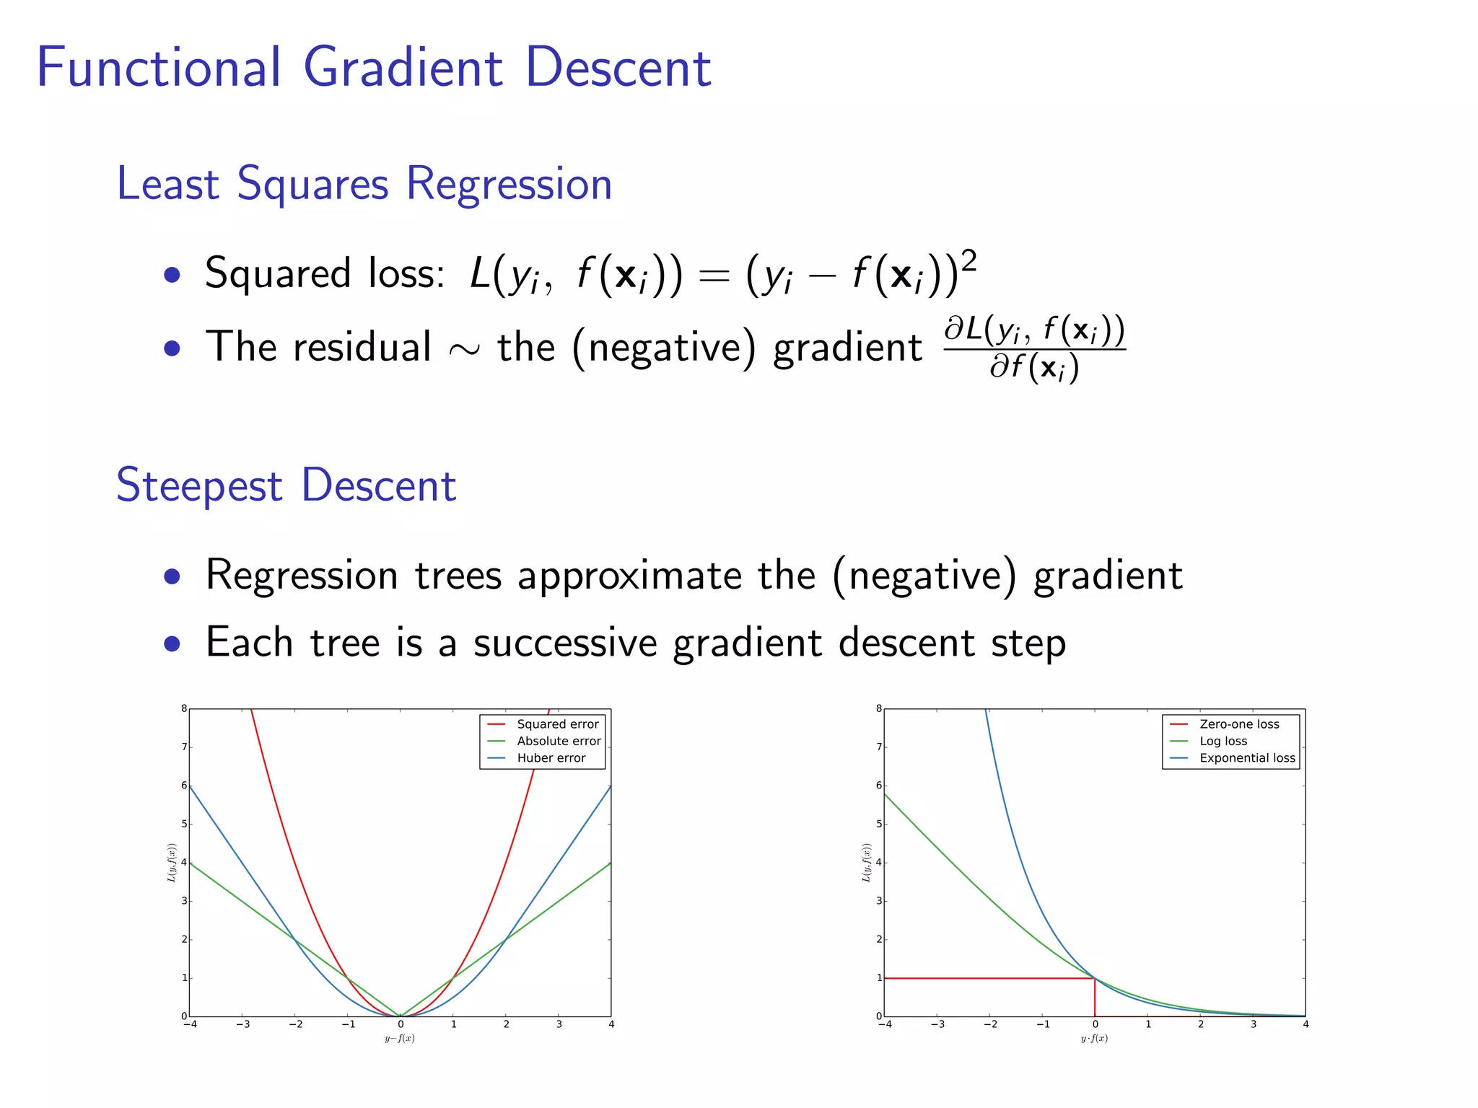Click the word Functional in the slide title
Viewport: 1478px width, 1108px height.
[159, 68]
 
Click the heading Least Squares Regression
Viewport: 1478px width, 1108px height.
[364, 184]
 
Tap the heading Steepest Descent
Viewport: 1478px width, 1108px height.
[286, 485]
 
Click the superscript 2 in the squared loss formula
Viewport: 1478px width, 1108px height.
[968, 261]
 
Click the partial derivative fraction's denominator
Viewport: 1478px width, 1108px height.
[1033, 368]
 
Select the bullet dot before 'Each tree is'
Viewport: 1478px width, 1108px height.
[172, 643]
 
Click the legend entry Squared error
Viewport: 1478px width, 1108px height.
[557, 724]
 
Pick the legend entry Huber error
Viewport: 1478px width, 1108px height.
[551, 758]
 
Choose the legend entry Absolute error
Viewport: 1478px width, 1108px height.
[559, 741]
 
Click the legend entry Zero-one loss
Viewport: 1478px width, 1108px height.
[1238, 724]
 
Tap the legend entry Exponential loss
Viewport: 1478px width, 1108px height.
[1247, 758]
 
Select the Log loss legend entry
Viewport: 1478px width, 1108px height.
[1223, 741]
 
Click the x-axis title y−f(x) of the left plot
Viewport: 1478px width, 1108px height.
[399, 1039]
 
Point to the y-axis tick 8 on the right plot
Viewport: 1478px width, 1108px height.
[878, 708]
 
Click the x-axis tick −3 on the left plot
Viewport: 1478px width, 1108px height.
[242, 1024]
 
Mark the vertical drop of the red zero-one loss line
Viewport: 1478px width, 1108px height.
[1095, 998]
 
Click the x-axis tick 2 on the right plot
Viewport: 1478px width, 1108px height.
[1201, 1024]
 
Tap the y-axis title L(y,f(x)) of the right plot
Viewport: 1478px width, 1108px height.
[866, 863]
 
